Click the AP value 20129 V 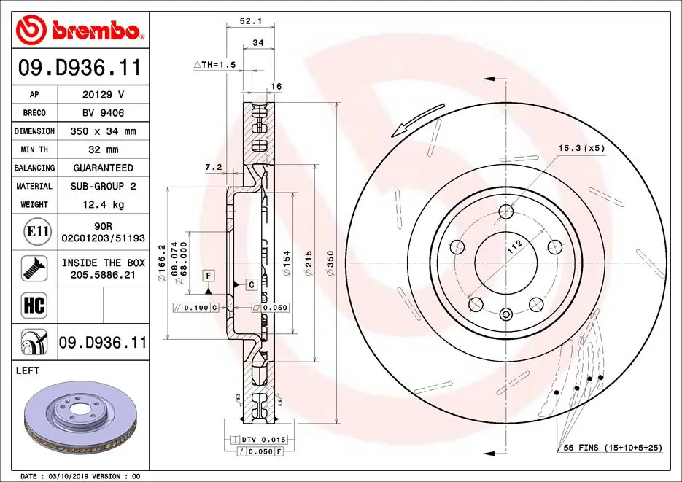point(103,95)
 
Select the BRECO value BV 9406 point(103,113)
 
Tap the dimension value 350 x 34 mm point(103,131)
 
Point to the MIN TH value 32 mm point(103,149)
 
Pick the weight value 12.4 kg point(103,205)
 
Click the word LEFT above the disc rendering point(27,370)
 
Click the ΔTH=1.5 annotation point(214,65)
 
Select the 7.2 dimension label point(213,167)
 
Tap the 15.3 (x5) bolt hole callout point(581,148)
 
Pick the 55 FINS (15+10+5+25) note point(612,447)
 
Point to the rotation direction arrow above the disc point(416,119)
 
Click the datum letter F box point(209,275)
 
